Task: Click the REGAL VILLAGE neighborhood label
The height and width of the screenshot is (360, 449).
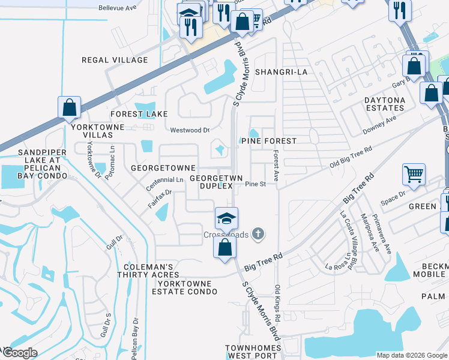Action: click(115, 60)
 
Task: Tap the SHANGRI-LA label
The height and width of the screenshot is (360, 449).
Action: click(281, 72)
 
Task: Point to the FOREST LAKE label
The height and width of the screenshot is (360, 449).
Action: click(139, 114)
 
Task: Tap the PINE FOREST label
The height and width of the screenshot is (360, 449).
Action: click(269, 141)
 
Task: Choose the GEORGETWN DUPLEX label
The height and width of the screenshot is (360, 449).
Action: click(211, 182)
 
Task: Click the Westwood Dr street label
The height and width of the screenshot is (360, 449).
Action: click(190, 130)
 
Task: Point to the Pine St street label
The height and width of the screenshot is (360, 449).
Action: click(255, 184)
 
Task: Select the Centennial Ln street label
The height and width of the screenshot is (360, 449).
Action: click(164, 180)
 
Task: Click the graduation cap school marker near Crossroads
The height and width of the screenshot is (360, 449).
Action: click(227, 218)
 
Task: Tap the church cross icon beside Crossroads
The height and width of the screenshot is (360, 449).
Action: click(258, 233)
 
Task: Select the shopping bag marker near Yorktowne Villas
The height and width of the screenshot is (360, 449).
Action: click(70, 107)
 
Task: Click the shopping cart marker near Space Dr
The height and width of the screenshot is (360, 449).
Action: click(414, 174)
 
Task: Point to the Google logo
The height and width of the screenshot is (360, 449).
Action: click(19, 353)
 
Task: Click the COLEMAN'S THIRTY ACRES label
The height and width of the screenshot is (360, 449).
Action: click(149, 271)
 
